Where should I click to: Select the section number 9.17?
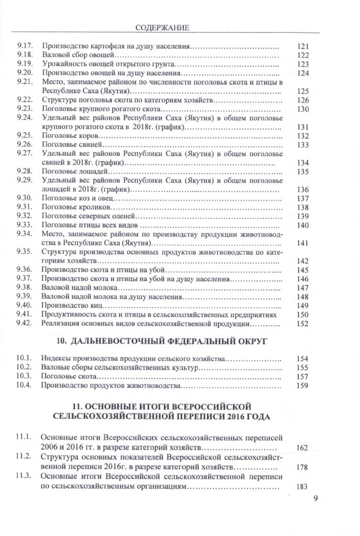click(23, 46)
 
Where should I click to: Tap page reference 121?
click(302, 47)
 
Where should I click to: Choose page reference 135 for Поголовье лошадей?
click(302, 171)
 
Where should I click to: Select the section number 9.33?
click(23, 225)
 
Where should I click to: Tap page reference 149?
click(302, 306)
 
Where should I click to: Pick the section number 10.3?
click(23, 376)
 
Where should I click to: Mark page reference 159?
click(302, 386)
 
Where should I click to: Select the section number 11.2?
click(23, 457)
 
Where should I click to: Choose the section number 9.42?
click(23, 323)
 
